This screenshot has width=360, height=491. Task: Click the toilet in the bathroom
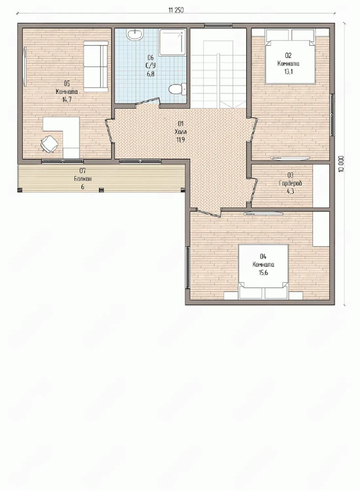click(178, 89)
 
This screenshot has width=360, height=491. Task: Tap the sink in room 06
click(135, 35)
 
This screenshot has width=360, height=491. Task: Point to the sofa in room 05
click(96, 66)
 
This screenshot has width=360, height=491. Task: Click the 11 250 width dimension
click(176, 10)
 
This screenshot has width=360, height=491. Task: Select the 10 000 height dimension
click(341, 164)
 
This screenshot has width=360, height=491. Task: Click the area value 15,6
click(263, 273)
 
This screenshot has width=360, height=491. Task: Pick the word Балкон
click(83, 179)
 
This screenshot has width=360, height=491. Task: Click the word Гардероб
click(291, 183)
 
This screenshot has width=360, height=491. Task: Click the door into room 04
click(208, 212)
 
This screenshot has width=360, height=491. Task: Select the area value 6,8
click(151, 74)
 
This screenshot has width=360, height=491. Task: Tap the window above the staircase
click(218, 26)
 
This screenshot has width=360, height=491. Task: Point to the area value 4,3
click(290, 191)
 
